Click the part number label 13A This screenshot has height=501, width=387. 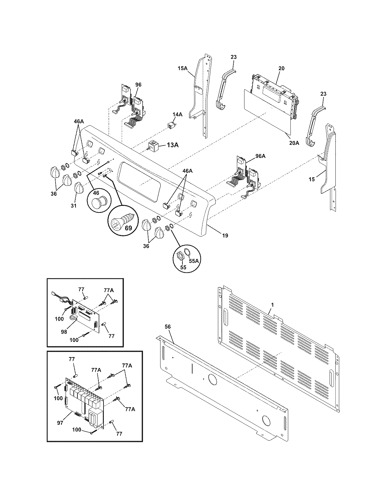173,145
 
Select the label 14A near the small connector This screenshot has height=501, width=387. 178,114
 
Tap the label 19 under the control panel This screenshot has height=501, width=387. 225,235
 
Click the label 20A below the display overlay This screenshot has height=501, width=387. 294,143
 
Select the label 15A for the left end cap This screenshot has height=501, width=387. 182,69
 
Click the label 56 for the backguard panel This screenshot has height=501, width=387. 168,327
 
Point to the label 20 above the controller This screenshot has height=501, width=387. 281,68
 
